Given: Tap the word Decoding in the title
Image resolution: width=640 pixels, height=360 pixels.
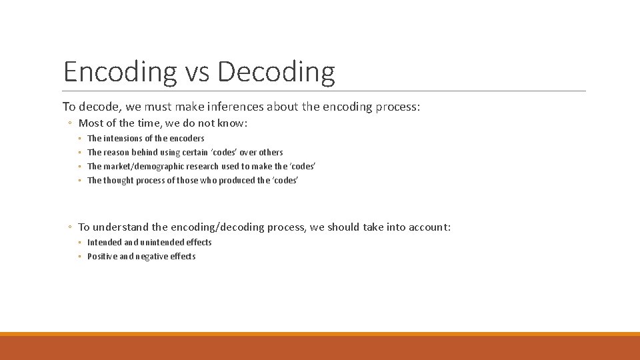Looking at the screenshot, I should [x=276, y=72].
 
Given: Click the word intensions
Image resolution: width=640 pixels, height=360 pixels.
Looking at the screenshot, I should [x=123, y=139].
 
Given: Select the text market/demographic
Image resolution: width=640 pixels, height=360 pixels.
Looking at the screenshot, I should [x=143, y=167].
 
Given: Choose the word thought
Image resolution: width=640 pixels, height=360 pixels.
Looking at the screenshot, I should [x=119, y=181].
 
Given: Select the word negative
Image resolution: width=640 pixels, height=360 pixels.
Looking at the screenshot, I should [x=153, y=257].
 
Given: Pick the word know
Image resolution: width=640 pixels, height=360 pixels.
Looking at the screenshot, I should [x=231, y=123].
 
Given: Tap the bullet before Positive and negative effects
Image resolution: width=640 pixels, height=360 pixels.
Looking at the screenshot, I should [x=79, y=257].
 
